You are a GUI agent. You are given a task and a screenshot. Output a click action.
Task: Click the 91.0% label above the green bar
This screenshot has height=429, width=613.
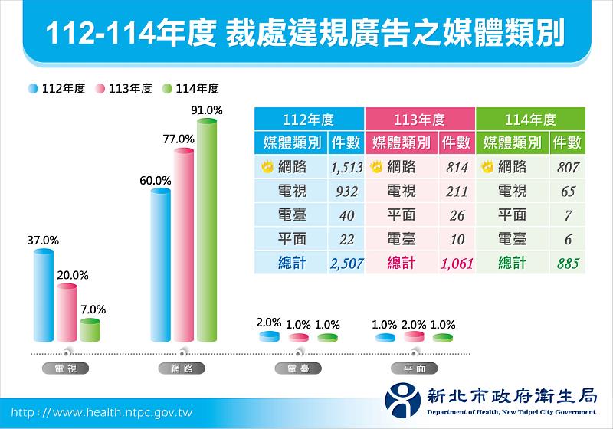pos(207,110)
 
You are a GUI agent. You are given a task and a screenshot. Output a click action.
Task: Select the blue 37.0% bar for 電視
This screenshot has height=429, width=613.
pos(44,294)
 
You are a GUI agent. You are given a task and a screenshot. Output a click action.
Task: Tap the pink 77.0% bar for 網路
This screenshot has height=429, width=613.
pos(184,245)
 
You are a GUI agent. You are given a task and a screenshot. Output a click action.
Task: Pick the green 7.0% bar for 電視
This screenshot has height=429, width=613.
pos(90,331)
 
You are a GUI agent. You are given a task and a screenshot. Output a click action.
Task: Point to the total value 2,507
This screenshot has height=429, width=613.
pos(346,264)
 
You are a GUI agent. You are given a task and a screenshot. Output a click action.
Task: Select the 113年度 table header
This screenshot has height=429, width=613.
pos(419,120)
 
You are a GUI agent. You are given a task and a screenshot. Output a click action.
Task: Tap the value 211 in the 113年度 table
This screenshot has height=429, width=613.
pos(456,192)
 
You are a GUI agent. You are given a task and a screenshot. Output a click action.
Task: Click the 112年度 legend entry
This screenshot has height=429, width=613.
pos(58,89)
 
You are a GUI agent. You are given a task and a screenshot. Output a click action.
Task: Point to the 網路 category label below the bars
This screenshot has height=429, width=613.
pos(184,368)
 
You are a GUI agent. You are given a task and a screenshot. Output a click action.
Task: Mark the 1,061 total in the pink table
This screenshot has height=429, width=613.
pos(456,264)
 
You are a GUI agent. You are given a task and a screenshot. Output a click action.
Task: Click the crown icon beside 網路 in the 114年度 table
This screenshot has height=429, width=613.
pos(486,166)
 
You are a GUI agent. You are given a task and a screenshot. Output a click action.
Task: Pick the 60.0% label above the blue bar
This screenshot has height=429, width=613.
pos(155,181)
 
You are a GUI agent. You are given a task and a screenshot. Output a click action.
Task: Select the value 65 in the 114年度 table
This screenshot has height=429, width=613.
pos(566,192)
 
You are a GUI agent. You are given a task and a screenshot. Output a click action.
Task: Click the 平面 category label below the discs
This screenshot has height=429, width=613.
pos(415,368)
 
